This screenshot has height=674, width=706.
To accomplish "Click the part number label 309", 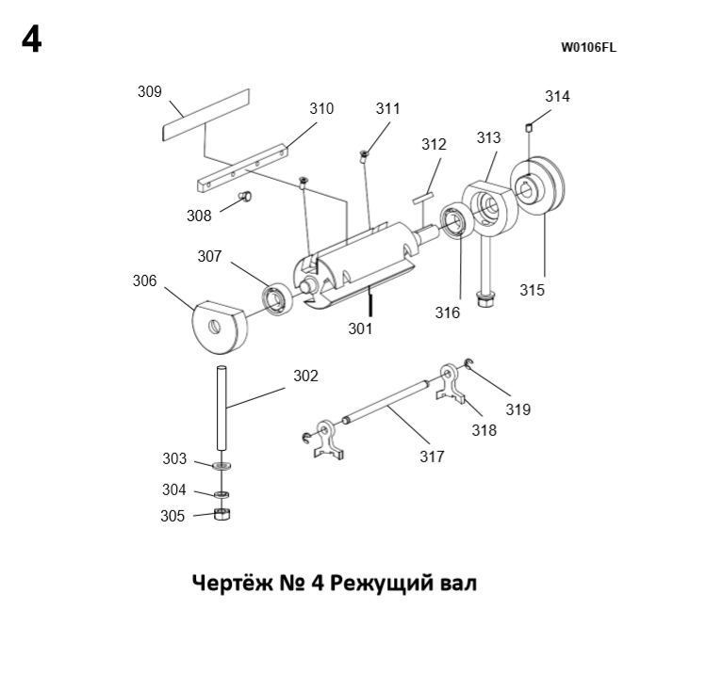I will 150,92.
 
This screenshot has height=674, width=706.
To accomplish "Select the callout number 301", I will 360,329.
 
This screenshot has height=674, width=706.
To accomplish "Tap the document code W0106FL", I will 588,47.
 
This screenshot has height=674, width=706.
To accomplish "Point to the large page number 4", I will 31,41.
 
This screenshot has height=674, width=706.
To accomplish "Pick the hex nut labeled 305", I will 223,514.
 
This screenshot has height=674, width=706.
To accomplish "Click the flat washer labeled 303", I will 222,465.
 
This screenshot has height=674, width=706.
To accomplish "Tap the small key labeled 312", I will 421,196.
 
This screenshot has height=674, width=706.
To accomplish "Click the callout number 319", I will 518,409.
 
